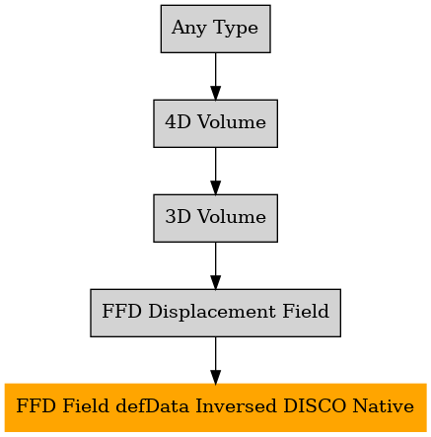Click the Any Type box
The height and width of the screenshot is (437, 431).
[x=216, y=29]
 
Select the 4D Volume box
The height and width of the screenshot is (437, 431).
[x=216, y=123]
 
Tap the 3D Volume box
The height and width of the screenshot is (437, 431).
[x=216, y=218]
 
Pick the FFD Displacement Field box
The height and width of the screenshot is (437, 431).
[x=216, y=313]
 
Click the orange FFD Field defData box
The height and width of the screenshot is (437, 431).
[x=216, y=407]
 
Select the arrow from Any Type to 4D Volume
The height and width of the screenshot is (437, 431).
[x=216, y=76]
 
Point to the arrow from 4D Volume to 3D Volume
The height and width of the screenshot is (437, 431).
[x=216, y=171]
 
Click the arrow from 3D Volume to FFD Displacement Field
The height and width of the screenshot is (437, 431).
[x=216, y=265]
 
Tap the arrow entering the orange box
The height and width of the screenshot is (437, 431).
[x=216, y=360]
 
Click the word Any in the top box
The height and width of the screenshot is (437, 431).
[x=188, y=28]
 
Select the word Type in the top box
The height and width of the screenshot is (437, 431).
[x=236, y=28]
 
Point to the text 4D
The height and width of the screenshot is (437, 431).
[x=178, y=122]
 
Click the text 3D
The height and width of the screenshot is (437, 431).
[x=178, y=217]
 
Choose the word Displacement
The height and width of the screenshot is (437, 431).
[x=212, y=312]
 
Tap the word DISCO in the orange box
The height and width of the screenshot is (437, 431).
[x=315, y=405]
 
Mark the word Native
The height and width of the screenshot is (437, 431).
[x=384, y=405]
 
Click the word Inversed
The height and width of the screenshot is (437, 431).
[x=236, y=405]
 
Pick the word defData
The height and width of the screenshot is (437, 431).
[x=153, y=405]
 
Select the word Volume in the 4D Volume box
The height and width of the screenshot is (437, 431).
[x=232, y=122]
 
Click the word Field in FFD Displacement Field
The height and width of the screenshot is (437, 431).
[x=306, y=311]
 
